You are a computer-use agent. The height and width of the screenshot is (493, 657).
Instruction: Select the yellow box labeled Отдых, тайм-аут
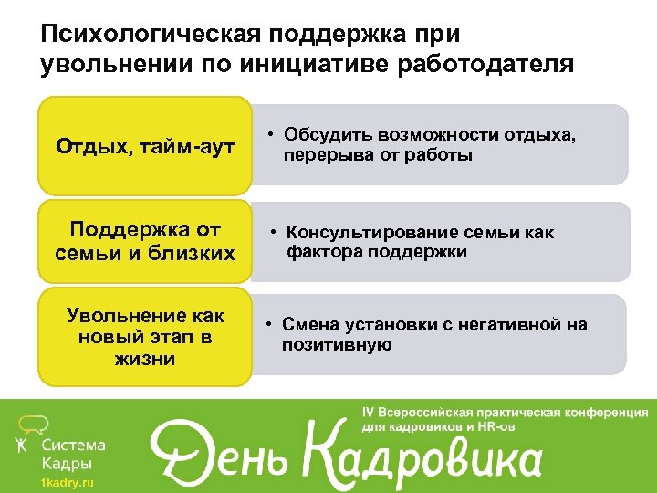(144, 145)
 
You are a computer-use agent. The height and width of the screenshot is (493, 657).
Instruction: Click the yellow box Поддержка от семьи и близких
(144, 241)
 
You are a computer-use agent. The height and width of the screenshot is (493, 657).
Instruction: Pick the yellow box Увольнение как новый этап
(144, 337)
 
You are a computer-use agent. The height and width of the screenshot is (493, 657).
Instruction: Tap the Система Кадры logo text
(74, 454)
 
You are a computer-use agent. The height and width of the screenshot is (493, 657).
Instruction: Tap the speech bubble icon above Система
(35, 423)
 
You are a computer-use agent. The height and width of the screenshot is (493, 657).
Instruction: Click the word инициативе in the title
(287, 64)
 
